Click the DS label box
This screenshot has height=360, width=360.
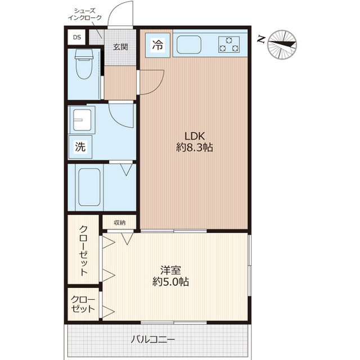(x=77, y=37)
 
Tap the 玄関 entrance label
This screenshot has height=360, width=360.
(x=120, y=47)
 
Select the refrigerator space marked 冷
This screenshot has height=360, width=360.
(x=157, y=45)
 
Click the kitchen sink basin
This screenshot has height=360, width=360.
(x=189, y=44)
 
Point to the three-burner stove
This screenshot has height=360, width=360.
(x=229, y=44)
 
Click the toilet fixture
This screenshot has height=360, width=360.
(x=84, y=64)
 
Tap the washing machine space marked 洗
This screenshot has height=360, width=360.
(x=80, y=147)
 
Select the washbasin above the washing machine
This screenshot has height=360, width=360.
(x=82, y=120)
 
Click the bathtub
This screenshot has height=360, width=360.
(x=89, y=187)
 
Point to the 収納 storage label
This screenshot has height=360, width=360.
(x=120, y=223)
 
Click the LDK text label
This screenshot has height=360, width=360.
(x=195, y=136)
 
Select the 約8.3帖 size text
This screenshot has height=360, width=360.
(x=195, y=147)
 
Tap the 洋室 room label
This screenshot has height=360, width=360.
(x=170, y=270)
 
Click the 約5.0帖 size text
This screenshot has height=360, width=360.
(x=170, y=282)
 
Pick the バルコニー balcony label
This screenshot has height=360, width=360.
(x=153, y=339)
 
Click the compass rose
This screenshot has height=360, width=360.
(x=282, y=45)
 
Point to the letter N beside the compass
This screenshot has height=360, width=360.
(x=261, y=39)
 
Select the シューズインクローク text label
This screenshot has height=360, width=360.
(x=85, y=14)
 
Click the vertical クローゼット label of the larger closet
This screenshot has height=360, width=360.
(x=84, y=250)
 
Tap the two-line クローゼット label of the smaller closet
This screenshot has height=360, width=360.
(x=83, y=304)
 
